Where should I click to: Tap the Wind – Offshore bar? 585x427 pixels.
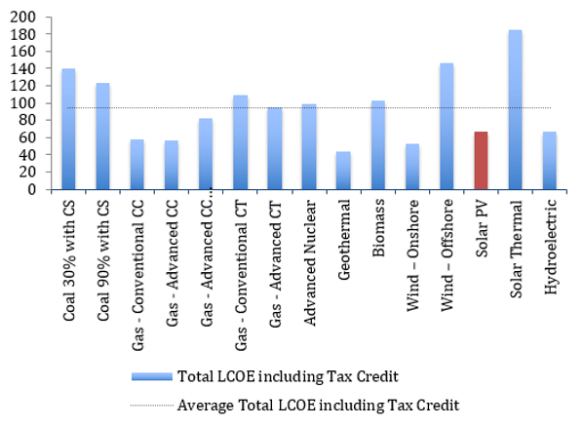coord(447,127)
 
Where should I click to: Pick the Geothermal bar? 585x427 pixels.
coord(343,171)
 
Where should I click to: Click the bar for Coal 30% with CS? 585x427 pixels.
coord(68,130)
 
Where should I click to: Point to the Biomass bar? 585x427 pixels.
coord(378,145)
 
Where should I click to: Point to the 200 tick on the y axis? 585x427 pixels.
coord(20,19)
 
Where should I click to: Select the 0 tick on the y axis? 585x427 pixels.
coord(29,190)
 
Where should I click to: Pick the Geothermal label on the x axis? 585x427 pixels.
coord(344,233)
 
